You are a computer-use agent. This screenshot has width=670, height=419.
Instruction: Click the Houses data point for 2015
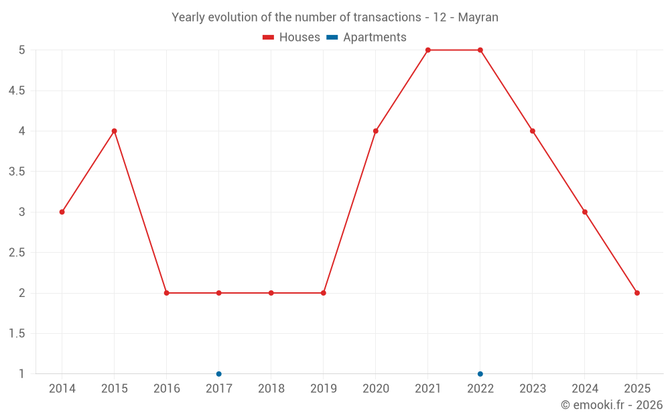click(x=114, y=131)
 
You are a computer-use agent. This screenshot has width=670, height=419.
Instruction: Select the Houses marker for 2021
click(x=427, y=50)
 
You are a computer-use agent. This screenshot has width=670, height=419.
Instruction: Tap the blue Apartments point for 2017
click(x=218, y=373)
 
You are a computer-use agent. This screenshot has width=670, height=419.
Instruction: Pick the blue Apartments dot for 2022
click(x=480, y=373)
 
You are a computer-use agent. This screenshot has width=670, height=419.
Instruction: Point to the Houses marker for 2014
click(x=62, y=212)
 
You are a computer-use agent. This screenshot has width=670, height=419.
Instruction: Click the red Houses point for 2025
click(x=636, y=293)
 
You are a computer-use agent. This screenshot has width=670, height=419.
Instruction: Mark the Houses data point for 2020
click(x=375, y=131)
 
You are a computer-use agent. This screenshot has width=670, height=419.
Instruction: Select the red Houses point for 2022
click(x=480, y=50)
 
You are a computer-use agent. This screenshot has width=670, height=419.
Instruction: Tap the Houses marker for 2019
click(x=323, y=293)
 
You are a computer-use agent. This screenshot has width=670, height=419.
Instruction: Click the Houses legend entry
click(x=291, y=38)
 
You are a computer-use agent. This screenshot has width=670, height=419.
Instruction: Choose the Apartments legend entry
click(x=366, y=38)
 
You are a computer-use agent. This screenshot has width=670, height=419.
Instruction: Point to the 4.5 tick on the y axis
click(x=17, y=91)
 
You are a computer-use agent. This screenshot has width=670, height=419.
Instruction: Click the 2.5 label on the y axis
click(x=17, y=253)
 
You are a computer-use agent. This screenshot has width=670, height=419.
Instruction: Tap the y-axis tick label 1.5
click(x=17, y=334)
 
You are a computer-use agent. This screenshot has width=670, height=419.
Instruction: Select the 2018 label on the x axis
click(x=271, y=389)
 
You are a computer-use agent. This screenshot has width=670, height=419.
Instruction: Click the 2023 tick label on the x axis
click(x=532, y=389)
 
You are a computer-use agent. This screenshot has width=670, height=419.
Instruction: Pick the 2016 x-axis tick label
click(x=166, y=389)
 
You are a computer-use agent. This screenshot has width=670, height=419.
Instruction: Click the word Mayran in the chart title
click(x=478, y=17)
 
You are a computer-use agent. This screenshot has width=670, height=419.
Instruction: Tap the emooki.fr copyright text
click(x=611, y=405)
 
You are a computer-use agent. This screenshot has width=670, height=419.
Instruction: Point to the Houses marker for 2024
click(x=584, y=212)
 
